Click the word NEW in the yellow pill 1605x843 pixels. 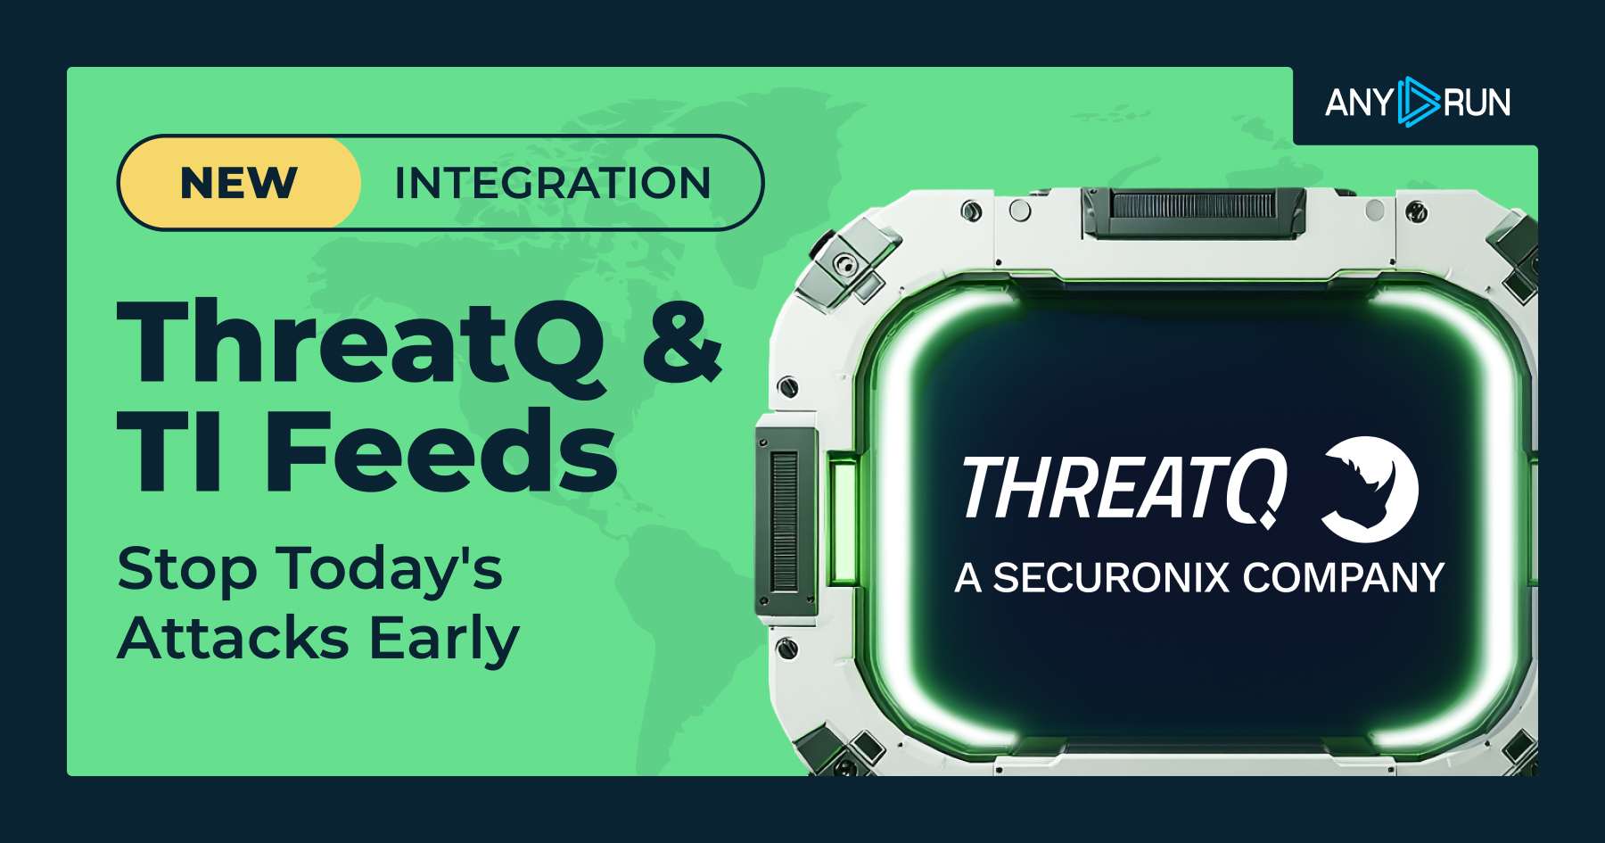pos(238,183)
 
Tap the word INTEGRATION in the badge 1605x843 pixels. pos(552,183)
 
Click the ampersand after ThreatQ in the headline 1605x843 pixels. pos(682,343)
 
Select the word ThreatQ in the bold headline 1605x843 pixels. pos(361,343)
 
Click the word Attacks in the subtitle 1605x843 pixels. pos(234,639)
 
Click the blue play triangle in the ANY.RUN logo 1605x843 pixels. pos(1418,102)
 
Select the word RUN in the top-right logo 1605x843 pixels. pos(1477,103)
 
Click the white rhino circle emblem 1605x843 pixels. pos(1369,489)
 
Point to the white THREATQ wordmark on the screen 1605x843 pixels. pos(1123,488)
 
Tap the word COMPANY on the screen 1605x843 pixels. pos(1343,578)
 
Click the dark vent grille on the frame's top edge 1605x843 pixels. pos(1193,208)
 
